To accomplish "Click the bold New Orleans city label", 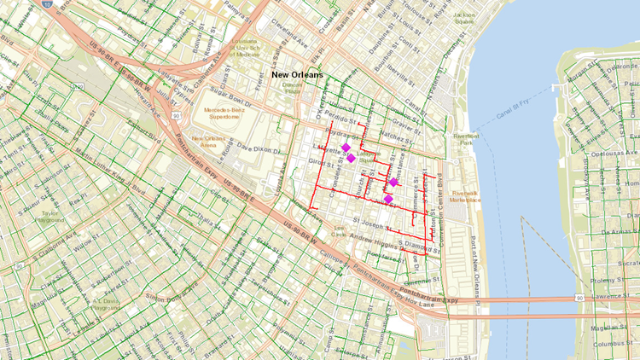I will pos(296,75).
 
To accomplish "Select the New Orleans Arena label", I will pos(210,141).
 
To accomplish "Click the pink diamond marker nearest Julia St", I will pos(388,200).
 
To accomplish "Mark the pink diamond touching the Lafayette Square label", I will pos(351,158).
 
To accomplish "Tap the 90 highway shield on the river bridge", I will pos(579,298).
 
